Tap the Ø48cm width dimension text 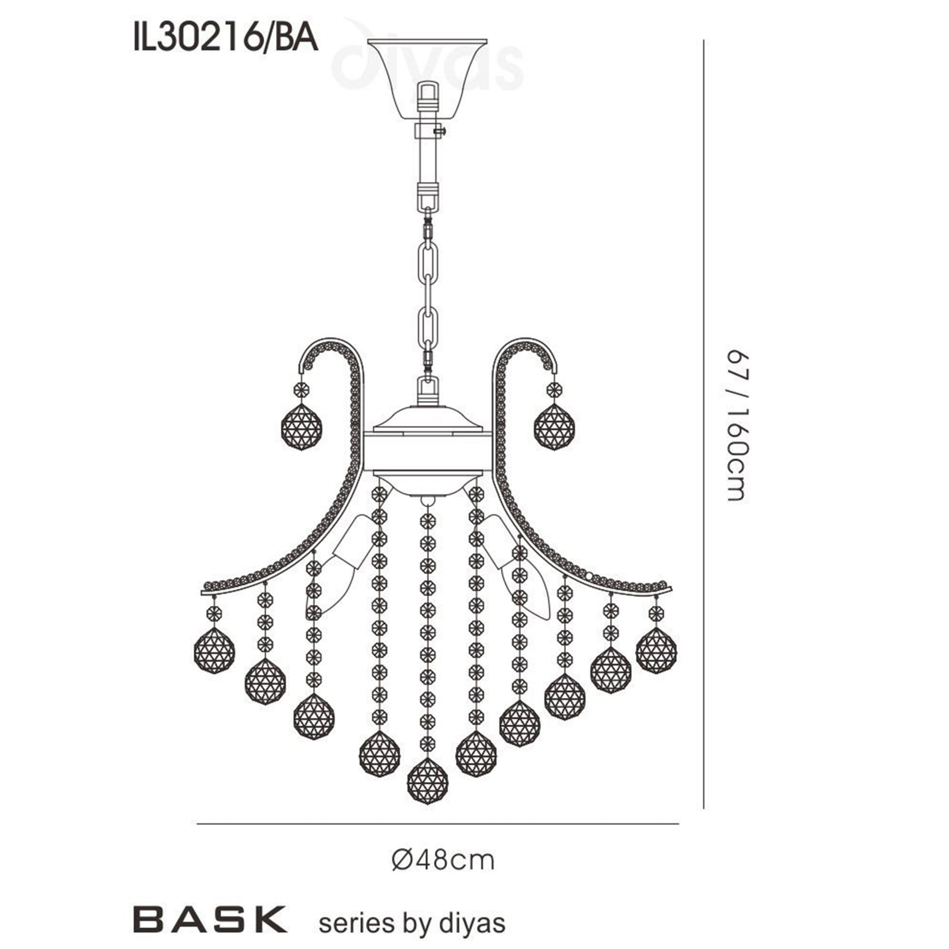tap(443, 861)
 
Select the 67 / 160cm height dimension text tap(736, 425)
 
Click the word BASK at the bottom tap(210, 919)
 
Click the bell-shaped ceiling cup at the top tap(428, 79)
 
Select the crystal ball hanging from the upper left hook tap(302, 426)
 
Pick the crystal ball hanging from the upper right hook tap(555, 426)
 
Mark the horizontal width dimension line tap(437, 824)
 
